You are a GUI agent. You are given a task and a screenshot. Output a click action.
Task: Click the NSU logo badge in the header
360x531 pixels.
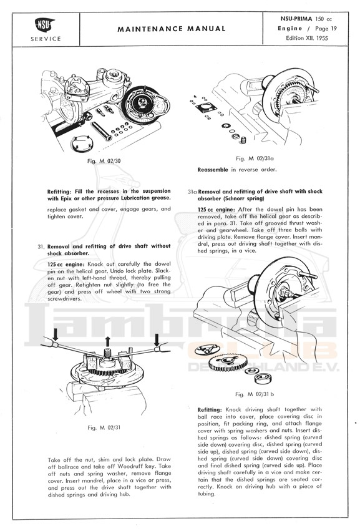click(x=44, y=25)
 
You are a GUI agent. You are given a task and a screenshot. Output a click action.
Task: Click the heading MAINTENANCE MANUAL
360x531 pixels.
click(x=172, y=29)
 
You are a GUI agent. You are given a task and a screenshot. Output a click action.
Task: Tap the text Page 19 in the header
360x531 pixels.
click(x=326, y=29)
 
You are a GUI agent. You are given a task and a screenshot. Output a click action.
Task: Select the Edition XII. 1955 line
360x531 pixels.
click(x=307, y=38)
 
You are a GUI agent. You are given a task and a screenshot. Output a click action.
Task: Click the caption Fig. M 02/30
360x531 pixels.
click(x=104, y=161)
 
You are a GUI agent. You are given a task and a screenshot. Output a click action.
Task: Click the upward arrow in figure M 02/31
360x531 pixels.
click(x=108, y=342)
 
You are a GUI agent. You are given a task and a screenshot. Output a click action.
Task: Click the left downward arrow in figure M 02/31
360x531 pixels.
click(x=55, y=334)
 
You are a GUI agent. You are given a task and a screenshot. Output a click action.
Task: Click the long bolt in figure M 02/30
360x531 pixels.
click(x=101, y=131)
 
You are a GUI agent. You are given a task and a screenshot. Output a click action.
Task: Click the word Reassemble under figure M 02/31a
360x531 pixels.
click(x=213, y=170)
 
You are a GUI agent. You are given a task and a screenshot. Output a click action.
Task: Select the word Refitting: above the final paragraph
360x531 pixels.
click(x=210, y=409)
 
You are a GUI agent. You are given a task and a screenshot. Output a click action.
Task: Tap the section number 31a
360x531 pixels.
click(x=192, y=192)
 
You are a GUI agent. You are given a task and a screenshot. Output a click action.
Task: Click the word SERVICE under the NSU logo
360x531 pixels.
click(x=46, y=39)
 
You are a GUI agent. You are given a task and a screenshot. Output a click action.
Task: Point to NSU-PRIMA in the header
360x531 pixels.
click(x=296, y=19)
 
